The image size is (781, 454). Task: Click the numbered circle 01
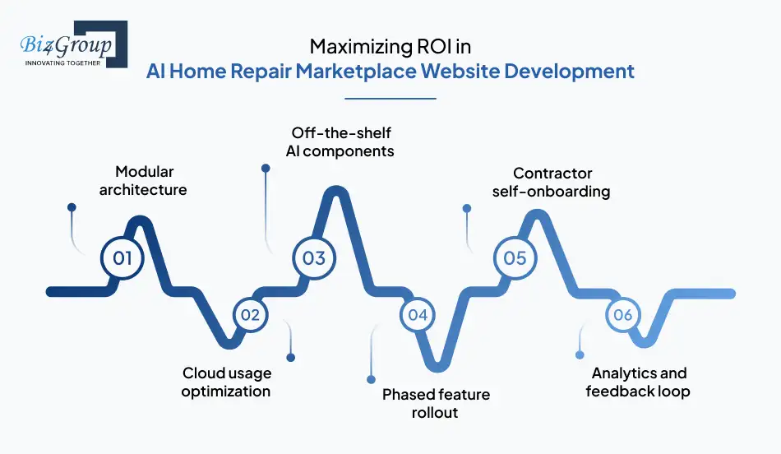tap(122, 258)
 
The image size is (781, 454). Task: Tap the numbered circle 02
tap(250, 315)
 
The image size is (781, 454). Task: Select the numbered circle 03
tap(314, 258)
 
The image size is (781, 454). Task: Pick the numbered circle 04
tap(418, 315)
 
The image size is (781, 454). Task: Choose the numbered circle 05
tap(515, 258)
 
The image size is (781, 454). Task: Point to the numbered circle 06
tap(622, 315)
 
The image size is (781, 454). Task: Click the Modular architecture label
tap(143, 181)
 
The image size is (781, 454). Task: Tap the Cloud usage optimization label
tap(226, 382)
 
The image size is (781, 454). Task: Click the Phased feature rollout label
tap(436, 403)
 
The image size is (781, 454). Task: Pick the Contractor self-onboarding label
tap(552, 182)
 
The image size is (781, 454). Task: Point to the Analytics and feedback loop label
tap(638, 382)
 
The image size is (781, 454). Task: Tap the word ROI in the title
tap(427, 47)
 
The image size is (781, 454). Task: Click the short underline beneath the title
tap(390, 99)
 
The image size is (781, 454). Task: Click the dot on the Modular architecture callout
tap(72, 209)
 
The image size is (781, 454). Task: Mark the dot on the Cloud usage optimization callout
tap(290, 357)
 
